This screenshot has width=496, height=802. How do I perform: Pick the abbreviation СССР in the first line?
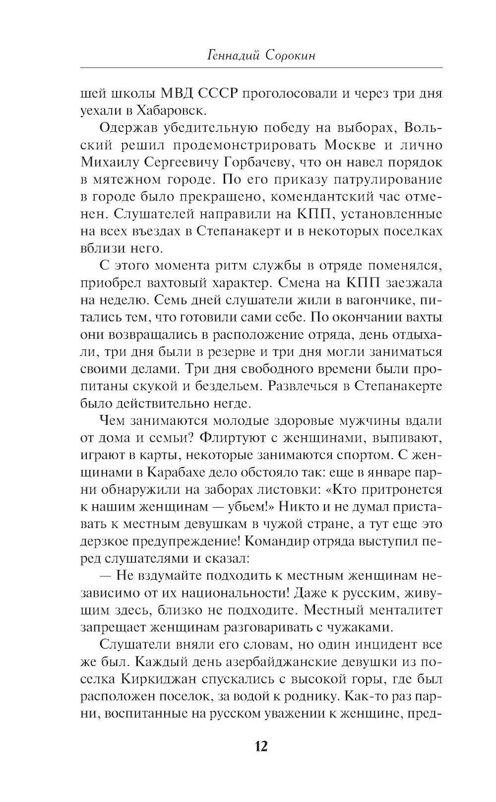click(218, 93)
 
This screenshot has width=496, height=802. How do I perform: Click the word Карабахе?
click(169, 472)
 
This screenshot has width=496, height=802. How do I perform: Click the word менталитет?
click(406, 609)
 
